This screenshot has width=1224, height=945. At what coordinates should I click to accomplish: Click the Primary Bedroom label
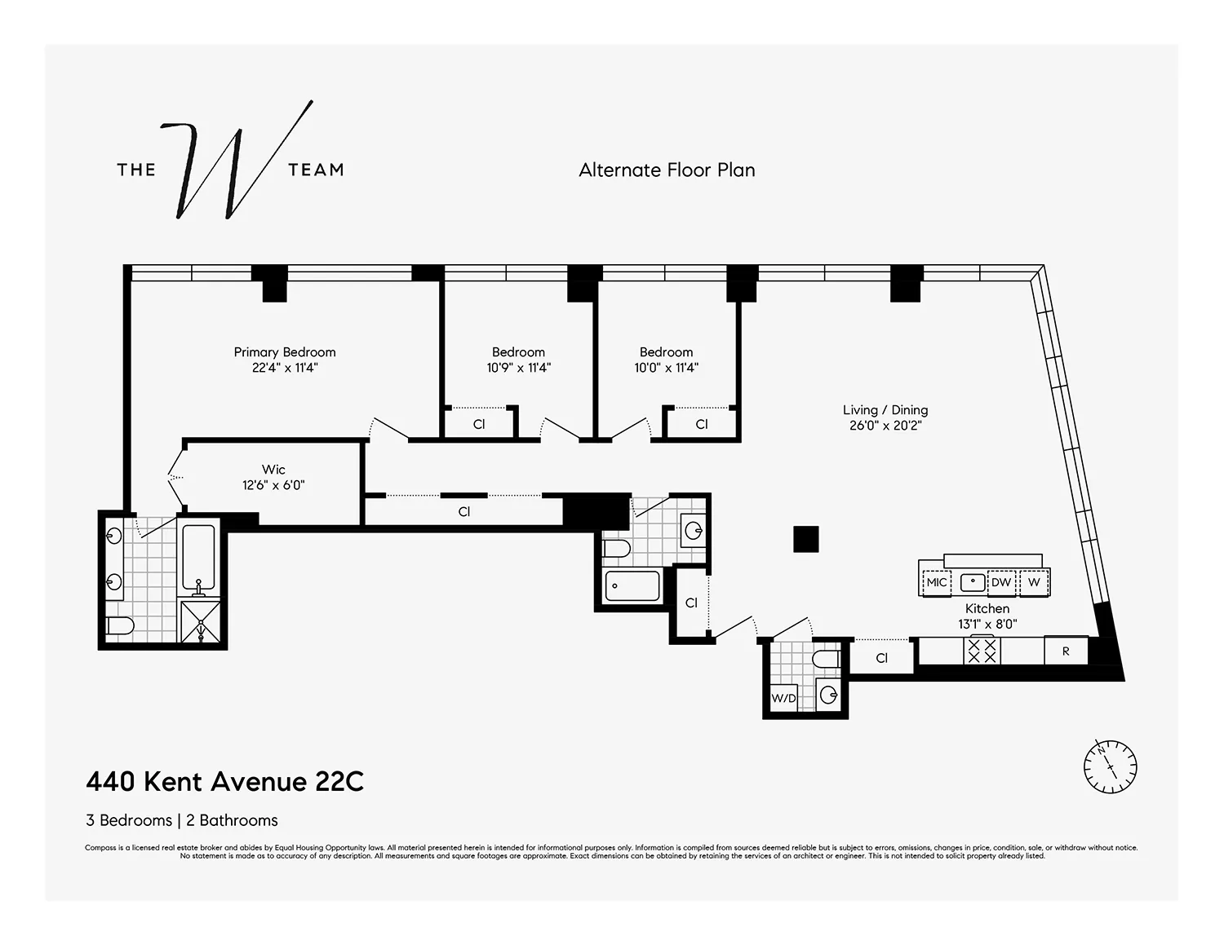[x=285, y=352]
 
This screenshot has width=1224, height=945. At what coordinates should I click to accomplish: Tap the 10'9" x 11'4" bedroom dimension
[x=518, y=368]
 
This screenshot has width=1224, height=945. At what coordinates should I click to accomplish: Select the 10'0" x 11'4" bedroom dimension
[x=666, y=368]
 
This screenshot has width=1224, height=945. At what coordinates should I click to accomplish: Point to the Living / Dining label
[x=885, y=410]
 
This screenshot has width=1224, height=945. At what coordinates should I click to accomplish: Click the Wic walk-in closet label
[x=273, y=470]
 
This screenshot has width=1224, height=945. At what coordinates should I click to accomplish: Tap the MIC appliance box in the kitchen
[x=937, y=583]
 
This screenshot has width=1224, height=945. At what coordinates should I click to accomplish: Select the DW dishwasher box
[x=1001, y=583]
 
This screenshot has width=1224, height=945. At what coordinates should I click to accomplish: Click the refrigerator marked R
[x=1066, y=651]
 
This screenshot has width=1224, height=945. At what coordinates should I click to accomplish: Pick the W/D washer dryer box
[x=783, y=699]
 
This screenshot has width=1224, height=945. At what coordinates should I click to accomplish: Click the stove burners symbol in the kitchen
[x=982, y=651]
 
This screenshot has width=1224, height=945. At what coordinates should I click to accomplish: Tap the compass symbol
[x=1110, y=766]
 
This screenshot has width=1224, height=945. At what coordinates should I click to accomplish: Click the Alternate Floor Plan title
[x=667, y=170]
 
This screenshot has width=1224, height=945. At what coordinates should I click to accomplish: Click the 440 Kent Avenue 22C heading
[x=225, y=782]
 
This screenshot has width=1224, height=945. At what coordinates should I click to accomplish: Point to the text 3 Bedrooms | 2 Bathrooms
[x=182, y=820]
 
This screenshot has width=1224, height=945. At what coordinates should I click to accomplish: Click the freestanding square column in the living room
[x=805, y=539]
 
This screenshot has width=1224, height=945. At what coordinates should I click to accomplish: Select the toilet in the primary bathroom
[x=120, y=626]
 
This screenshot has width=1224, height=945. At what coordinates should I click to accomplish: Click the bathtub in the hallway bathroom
[x=632, y=586]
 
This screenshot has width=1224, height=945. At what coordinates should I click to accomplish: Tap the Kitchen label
[x=987, y=609]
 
